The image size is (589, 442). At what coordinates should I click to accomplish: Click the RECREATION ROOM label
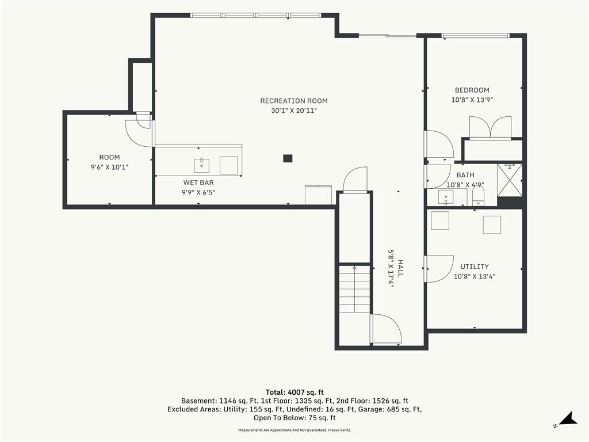coord(294,101)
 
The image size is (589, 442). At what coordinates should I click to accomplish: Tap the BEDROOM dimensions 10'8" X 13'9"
coord(472,100)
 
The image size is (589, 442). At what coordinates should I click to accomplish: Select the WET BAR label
coord(198,182)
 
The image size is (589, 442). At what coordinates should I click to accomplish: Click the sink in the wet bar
coord(202,165)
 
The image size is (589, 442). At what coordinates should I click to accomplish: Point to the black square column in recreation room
coord(288,158)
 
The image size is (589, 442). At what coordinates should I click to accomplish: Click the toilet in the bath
coord(478,196)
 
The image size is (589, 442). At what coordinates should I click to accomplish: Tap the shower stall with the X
coord(510,180)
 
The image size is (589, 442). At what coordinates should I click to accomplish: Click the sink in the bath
coord(446,197)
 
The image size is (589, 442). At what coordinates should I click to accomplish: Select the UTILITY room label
coord(475,266)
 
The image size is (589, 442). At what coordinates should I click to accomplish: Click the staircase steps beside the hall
coord(354,289)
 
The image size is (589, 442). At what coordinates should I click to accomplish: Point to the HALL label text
coord(400,268)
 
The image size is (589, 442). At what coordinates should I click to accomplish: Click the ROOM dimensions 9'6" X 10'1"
coord(109,167)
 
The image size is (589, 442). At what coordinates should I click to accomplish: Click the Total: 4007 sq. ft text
coord(294,393)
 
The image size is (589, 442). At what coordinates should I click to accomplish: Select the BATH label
coord(465,175)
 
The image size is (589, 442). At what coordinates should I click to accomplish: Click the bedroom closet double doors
coord(490,128)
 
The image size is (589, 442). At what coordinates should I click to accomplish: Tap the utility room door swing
coord(439,268)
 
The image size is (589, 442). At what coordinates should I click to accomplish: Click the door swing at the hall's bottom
coord(386,329)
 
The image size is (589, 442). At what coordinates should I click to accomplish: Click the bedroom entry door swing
coord(439,144)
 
